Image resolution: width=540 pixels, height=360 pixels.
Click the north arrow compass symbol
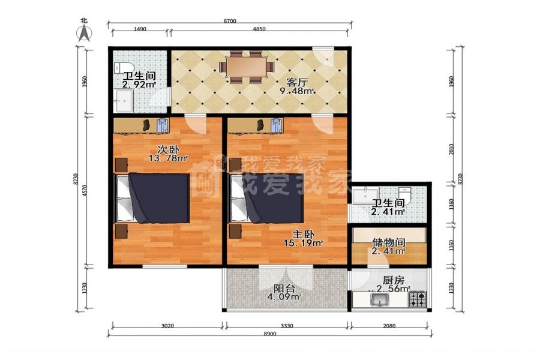[x=84, y=34]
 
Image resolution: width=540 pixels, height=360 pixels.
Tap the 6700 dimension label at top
[x=230, y=21]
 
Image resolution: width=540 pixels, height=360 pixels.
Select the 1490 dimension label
[x=140, y=29]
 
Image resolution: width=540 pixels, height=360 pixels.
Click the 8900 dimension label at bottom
[x=269, y=334]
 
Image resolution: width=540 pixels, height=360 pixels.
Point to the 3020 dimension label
[x=167, y=326]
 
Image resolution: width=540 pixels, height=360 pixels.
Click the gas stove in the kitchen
[x=418, y=299]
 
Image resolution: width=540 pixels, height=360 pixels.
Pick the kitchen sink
[x=380, y=300]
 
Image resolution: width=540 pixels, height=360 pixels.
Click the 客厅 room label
[x=297, y=83]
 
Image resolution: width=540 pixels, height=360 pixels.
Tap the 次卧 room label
[x=168, y=149]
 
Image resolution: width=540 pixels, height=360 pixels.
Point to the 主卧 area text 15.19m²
[x=303, y=243]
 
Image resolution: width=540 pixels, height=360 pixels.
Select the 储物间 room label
[x=388, y=242]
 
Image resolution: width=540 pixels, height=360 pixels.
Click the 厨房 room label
[x=393, y=280]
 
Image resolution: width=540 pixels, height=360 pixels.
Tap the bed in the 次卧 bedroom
[x=152, y=198]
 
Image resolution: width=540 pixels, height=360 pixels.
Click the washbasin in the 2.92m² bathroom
[x=124, y=101]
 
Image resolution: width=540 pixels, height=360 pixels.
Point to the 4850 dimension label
[x=259, y=29]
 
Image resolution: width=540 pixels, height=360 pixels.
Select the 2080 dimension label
[x=389, y=326]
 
